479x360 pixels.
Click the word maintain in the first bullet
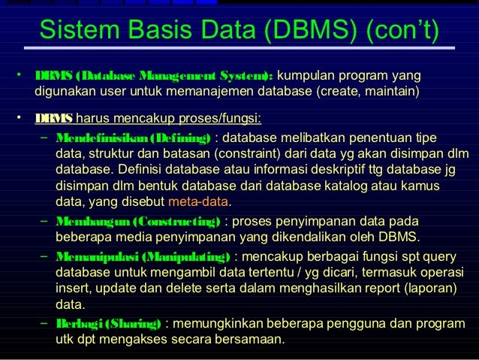click(x=390, y=92)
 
